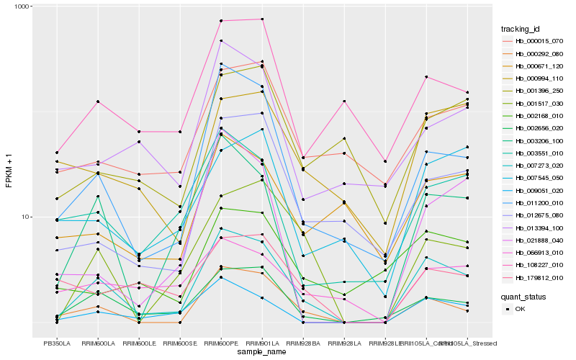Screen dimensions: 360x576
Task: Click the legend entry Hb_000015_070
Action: [539, 41]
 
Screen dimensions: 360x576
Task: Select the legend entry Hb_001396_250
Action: [539, 91]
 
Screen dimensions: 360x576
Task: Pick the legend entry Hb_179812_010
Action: [539, 278]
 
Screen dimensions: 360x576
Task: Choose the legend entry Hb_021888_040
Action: [539, 240]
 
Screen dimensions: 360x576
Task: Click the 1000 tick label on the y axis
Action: [22, 7]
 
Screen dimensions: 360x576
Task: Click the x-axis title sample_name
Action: [261, 352]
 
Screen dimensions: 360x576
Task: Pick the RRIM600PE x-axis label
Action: [221, 343]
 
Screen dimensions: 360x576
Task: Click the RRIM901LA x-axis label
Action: [262, 343]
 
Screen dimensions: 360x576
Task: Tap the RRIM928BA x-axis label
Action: [303, 343]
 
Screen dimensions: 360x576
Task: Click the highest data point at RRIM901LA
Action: [262, 19]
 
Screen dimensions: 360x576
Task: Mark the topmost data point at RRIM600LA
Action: [98, 102]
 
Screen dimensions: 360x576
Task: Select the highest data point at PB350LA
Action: [57, 153]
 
